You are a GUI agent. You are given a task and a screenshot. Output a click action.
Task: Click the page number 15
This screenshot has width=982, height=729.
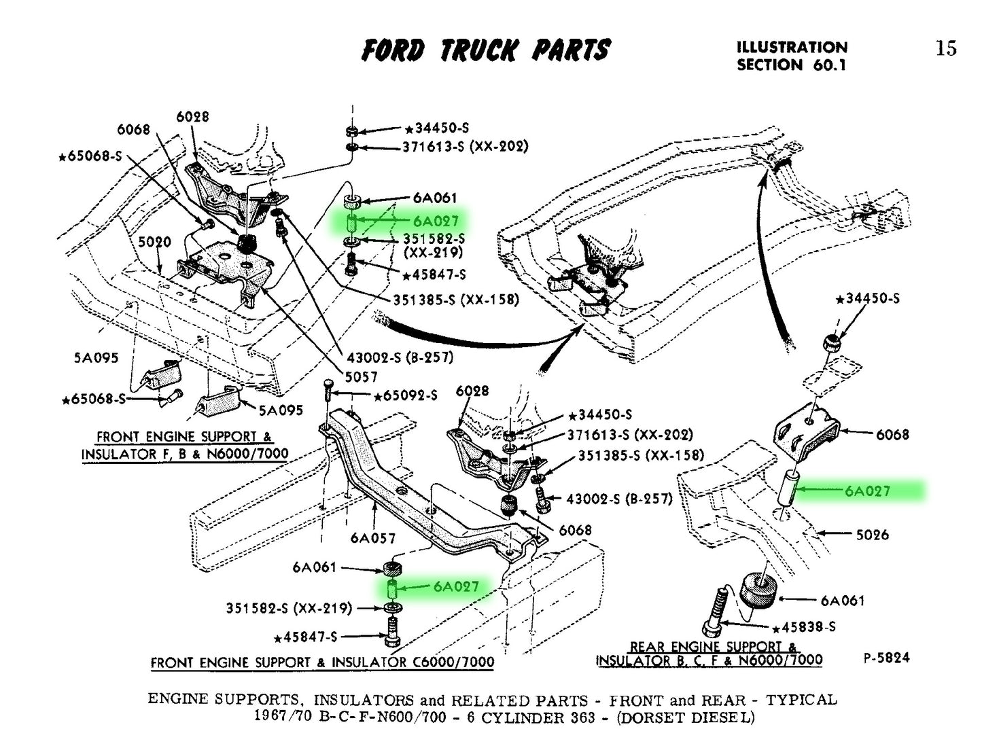945,48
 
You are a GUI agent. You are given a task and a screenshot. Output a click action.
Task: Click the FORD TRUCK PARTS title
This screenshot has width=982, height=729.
486,50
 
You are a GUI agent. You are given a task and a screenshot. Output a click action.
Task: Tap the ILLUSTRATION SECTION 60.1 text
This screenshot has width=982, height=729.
792,56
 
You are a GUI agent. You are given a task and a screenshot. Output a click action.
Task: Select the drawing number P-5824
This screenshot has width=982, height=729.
886,658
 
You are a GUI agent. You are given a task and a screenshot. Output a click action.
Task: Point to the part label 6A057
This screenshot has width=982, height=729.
373,538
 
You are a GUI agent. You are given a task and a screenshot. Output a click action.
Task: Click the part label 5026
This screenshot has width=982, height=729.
872,535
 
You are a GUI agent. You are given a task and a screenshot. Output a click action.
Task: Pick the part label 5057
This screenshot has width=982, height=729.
361,376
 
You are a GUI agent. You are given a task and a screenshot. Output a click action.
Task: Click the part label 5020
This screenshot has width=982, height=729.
155,242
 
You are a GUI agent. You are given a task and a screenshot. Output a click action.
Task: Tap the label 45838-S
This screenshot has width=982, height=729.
805,627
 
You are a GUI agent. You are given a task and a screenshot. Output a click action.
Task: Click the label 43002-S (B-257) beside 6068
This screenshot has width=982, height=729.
619,499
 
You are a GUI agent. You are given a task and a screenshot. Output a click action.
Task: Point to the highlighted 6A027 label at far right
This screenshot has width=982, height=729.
867,491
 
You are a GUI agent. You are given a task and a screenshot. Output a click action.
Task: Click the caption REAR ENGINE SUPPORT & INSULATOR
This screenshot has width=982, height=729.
709,654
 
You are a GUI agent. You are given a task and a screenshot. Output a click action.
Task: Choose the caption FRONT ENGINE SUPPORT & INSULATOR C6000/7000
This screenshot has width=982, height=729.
322,662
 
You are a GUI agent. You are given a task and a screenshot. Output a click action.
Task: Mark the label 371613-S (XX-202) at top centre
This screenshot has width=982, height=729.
465,146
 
